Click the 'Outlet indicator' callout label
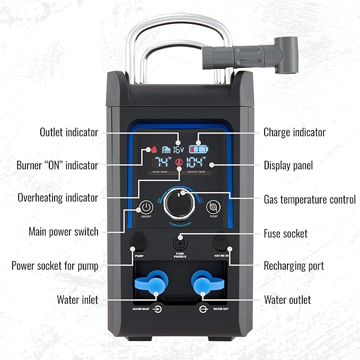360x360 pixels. [x=69, y=132]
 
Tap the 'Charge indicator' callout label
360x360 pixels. [x=294, y=132]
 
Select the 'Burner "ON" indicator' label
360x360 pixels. [x=57, y=165]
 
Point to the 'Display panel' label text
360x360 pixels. [x=288, y=165]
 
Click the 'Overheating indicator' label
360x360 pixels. [x=58, y=198]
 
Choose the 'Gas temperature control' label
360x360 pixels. [x=310, y=200]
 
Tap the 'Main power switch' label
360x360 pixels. [x=63, y=232]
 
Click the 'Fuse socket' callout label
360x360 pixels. [x=285, y=233]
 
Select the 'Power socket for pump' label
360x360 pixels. [x=55, y=266]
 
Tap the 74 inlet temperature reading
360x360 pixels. [x=163, y=162]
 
